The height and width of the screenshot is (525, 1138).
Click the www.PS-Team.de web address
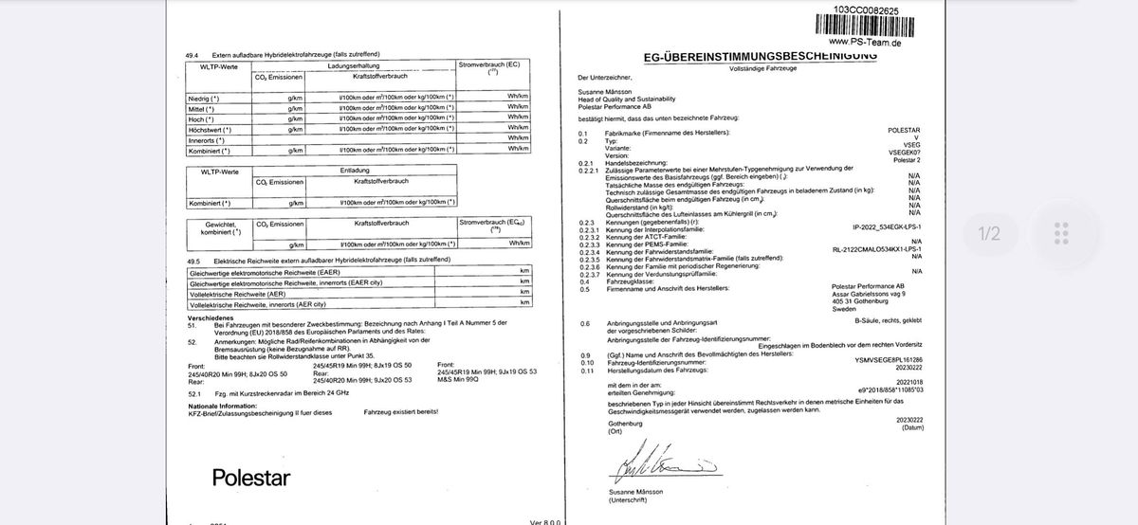pyautogui.click(x=865, y=42)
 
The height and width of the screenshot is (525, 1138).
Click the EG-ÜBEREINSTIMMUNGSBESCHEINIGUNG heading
pyautogui.click(x=760, y=57)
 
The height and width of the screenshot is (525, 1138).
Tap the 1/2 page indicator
pyautogui.click(x=989, y=232)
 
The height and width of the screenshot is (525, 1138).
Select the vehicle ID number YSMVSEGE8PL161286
pyautogui.click(x=888, y=360)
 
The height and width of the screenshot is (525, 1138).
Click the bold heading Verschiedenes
pyautogui.click(x=211, y=317)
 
